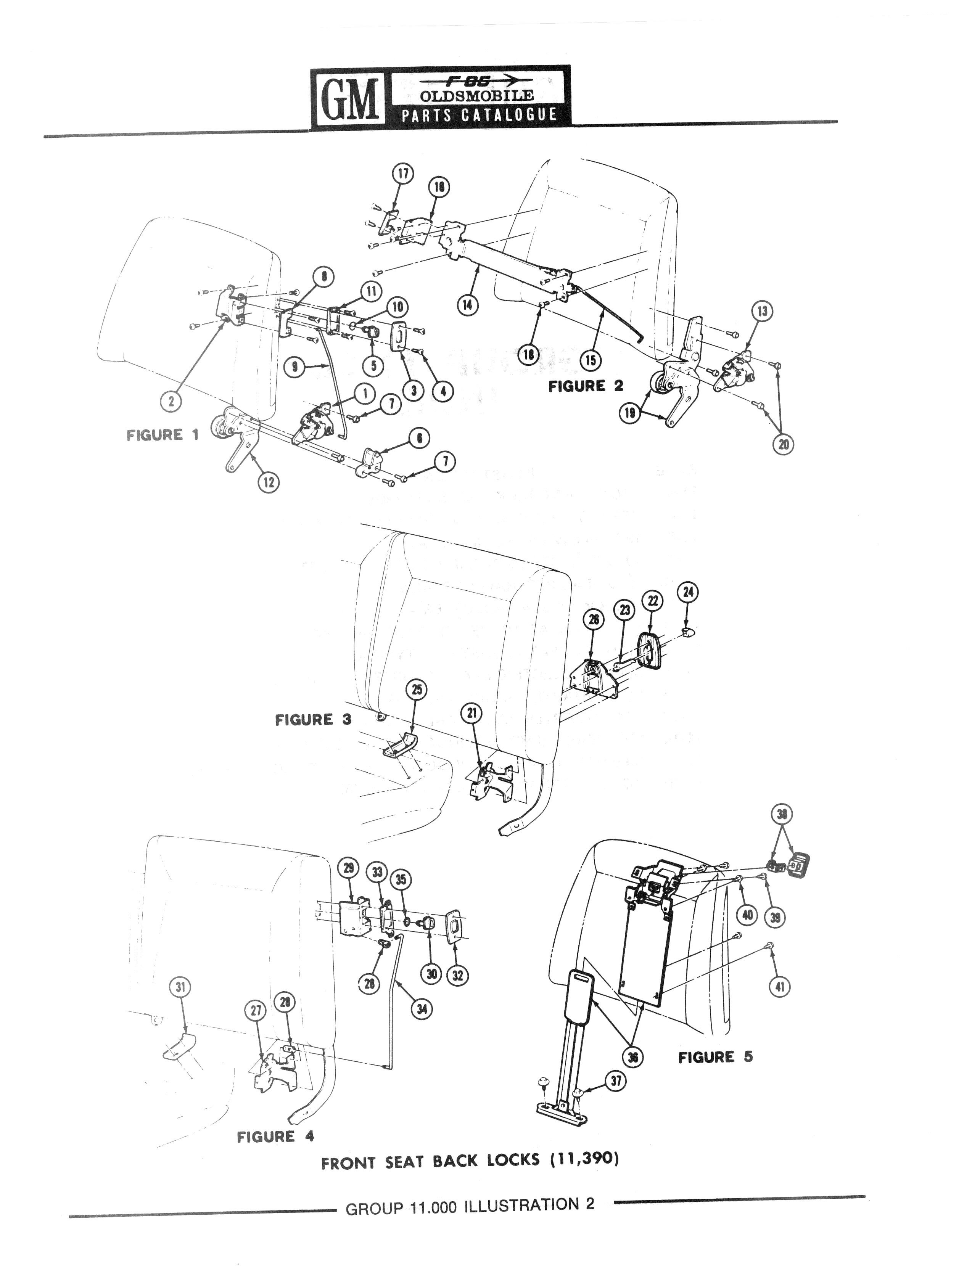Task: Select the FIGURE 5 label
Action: pyautogui.click(x=715, y=1057)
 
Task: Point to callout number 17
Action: pyautogui.click(x=403, y=174)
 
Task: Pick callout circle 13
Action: pyautogui.click(x=762, y=312)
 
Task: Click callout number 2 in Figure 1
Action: pyautogui.click(x=171, y=401)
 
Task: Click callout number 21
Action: pyautogui.click(x=472, y=713)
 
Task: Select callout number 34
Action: pyautogui.click(x=422, y=1009)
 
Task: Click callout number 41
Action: pyautogui.click(x=779, y=987)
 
